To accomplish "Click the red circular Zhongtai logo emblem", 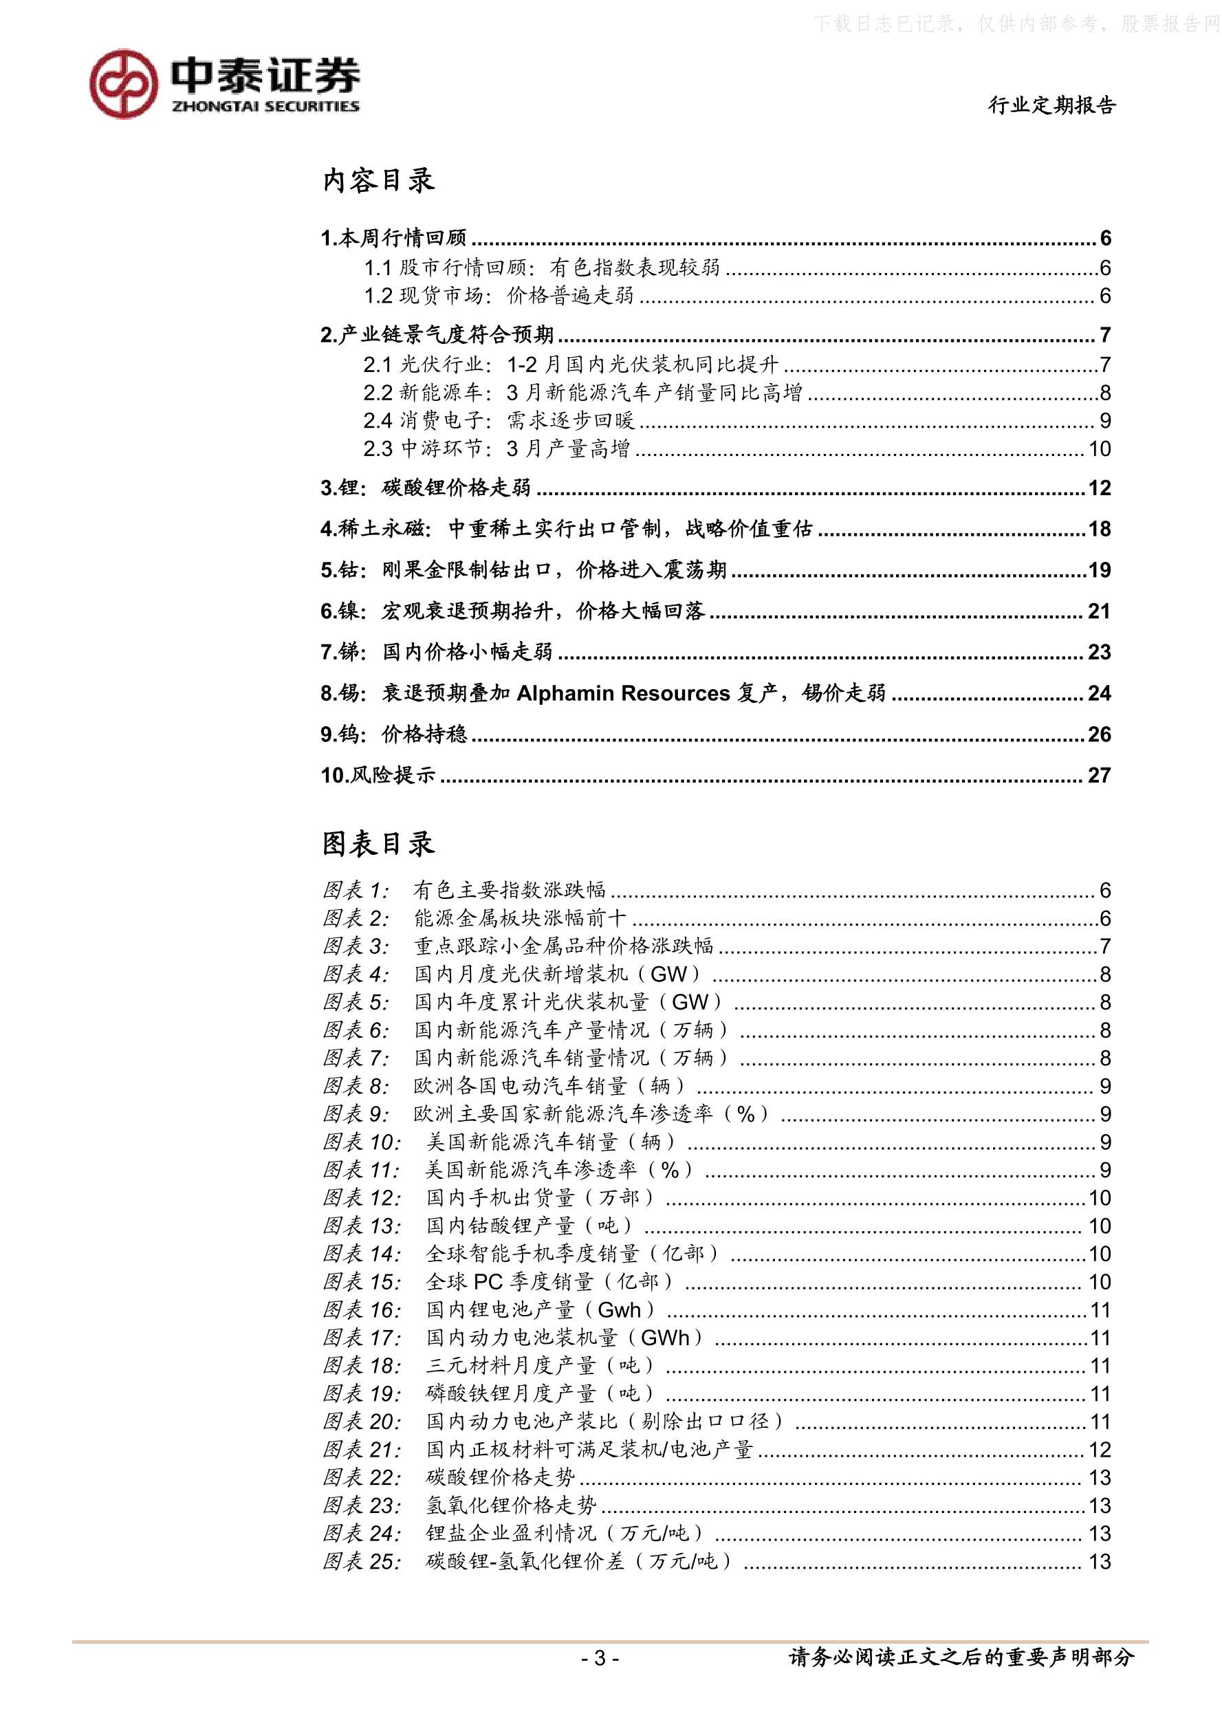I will click(124, 84).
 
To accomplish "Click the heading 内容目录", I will click(378, 181).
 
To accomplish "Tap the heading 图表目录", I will click(378, 844).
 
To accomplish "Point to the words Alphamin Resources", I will click(624, 693).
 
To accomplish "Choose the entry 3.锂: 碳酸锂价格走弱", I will click(426, 488).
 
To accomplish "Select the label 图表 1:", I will click(356, 890).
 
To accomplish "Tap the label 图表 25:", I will click(362, 1561).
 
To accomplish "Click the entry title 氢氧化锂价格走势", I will click(511, 1505).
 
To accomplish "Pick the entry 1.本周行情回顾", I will click(394, 238).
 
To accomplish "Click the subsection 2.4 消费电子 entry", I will click(499, 420).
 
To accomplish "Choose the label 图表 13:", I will click(362, 1226).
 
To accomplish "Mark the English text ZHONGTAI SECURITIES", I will click(265, 107).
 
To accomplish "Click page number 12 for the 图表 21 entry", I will click(1100, 1450).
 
